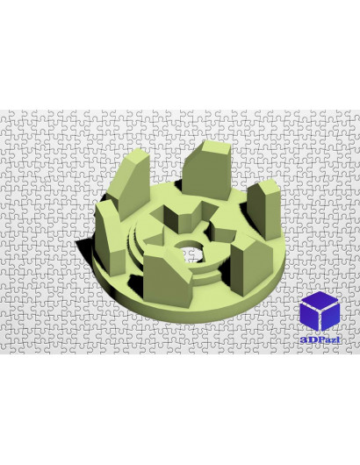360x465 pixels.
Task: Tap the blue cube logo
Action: tap(320, 311)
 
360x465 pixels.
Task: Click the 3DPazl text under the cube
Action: tap(320, 340)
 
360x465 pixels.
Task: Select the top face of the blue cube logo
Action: tap(320, 300)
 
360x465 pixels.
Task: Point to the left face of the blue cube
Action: tap(309, 317)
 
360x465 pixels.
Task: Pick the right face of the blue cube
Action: tap(330, 317)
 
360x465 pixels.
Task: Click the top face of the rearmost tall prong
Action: tap(216, 147)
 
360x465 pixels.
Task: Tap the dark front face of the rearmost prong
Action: tap(206, 175)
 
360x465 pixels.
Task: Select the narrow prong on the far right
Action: tap(264, 210)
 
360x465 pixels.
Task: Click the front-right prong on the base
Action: tap(251, 267)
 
